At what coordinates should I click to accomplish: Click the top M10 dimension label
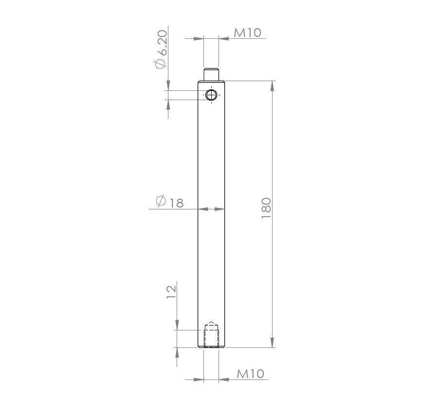[x=248, y=33]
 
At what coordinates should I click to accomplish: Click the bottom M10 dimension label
[x=250, y=374]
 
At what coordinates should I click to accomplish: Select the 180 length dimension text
[x=266, y=208]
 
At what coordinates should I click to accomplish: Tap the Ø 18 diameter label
[x=169, y=202]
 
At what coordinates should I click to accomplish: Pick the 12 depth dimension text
[x=171, y=292]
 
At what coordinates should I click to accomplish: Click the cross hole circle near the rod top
[x=211, y=95]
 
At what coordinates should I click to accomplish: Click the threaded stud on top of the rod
[x=211, y=74]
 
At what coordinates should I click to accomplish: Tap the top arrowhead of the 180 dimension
[x=273, y=86]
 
